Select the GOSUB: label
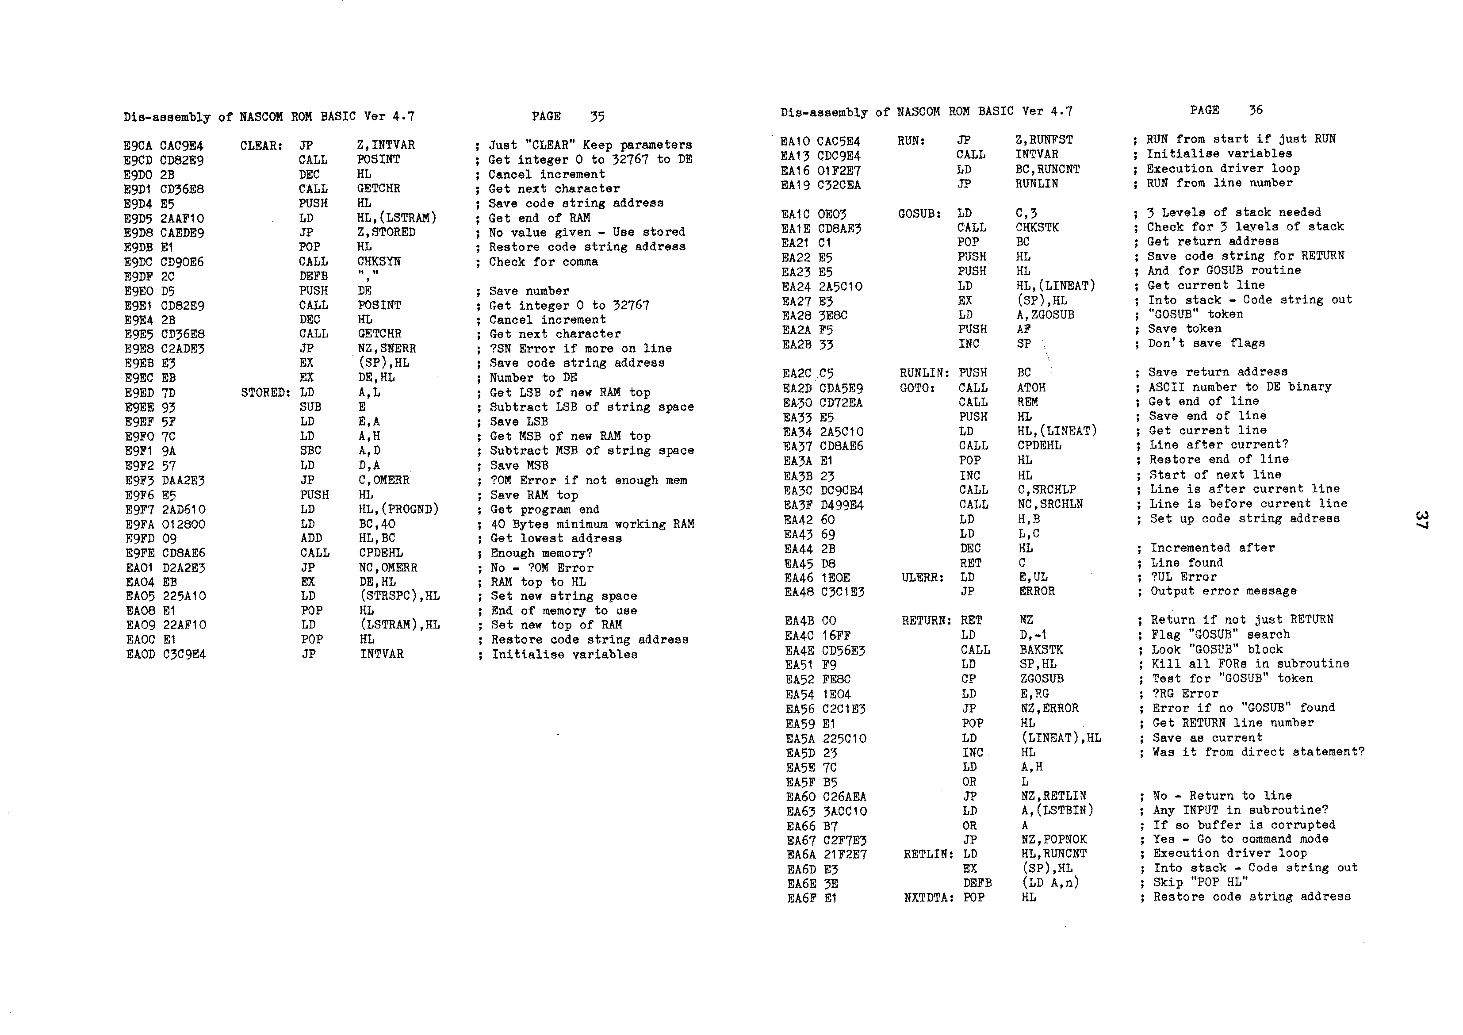click(x=919, y=214)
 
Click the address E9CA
click(x=137, y=146)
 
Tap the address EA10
click(x=795, y=141)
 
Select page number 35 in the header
click(x=597, y=117)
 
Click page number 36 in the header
click(x=1255, y=110)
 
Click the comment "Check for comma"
click(x=543, y=262)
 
